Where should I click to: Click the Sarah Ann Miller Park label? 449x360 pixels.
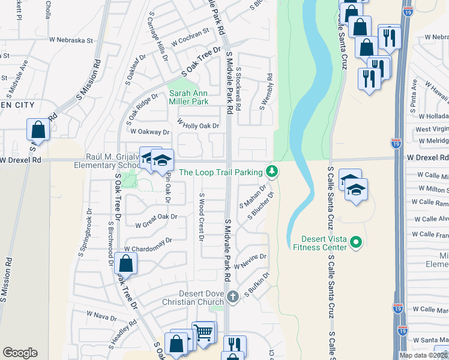tap(188, 97)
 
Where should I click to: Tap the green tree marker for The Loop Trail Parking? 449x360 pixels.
tap(272, 172)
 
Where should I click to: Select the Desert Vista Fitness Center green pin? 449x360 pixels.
tap(355, 242)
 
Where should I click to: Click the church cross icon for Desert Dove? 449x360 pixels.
tap(233, 296)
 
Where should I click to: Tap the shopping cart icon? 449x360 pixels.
tap(204, 331)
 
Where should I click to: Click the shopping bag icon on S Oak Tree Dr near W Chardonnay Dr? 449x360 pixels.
tap(126, 263)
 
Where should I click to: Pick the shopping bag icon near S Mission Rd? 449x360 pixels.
tap(38, 130)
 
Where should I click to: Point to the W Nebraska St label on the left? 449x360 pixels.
tap(73, 41)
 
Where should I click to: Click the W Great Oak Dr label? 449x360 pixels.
tap(157, 221)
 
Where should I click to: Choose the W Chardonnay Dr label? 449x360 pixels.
tap(148, 244)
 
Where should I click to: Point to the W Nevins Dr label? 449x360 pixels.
tap(249, 261)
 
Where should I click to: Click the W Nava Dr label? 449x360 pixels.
tap(101, 314)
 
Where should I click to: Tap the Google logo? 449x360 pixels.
tap(20, 353)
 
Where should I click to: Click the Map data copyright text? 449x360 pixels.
tap(423, 355)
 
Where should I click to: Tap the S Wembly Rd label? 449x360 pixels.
tap(266, 91)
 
